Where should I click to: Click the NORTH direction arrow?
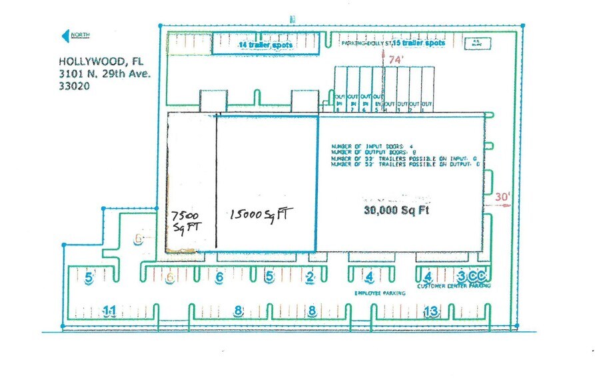pos(75,35)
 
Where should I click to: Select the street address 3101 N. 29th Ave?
pos(106,74)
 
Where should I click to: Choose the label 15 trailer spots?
pos(418,43)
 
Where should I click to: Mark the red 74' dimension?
pos(396,59)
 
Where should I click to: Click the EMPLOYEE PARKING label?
pos(375,293)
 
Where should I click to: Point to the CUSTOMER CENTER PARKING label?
pos(454,287)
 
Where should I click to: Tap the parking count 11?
pos(110,310)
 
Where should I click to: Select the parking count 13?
pos(432,310)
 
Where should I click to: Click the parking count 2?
pos(310,277)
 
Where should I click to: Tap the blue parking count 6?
pos(219,277)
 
